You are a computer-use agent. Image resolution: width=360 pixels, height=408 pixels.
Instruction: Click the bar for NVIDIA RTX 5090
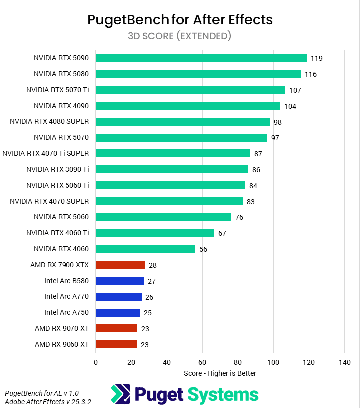click(x=201, y=58)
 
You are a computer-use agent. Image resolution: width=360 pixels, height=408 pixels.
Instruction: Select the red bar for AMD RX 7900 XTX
click(x=120, y=265)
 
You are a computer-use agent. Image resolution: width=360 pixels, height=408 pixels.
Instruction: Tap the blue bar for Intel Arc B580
click(x=119, y=281)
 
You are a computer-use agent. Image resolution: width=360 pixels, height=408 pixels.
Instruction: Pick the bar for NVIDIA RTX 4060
click(x=145, y=249)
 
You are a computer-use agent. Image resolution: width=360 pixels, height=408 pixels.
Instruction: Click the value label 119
click(x=316, y=58)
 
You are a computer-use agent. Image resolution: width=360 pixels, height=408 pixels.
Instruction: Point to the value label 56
click(x=203, y=249)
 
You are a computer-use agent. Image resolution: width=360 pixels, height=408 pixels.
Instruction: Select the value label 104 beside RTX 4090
click(x=290, y=106)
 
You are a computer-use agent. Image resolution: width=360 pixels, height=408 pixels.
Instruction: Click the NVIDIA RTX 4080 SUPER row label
click(x=49, y=121)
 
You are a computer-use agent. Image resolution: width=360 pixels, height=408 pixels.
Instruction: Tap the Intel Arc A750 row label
click(x=66, y=312)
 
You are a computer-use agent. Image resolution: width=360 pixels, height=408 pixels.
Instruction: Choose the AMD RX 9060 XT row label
click(x=62, y=344)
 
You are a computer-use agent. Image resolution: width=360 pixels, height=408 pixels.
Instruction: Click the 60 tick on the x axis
click(x=202, y=362)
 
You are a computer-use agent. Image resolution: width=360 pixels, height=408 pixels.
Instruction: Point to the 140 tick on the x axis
click(x=344, y=362)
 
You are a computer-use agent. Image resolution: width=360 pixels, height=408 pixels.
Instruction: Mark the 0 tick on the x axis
click(x=96, y=362)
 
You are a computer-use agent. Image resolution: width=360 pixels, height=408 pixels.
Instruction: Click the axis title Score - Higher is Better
click(x=220, y=373)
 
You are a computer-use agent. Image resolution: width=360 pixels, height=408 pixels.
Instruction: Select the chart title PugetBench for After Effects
click(x=180, y=19)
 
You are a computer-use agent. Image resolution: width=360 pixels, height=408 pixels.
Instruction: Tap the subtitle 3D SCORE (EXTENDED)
click(x=180, y=36)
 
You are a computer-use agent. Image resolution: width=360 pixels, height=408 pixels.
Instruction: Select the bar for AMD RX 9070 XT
click(x=116, y=328)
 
